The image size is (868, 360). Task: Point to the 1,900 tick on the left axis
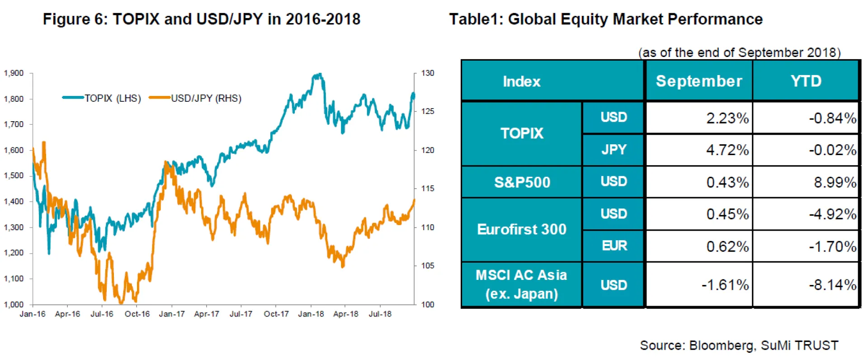[x=14, y=73]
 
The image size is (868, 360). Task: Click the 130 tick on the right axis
[x=428, y=73]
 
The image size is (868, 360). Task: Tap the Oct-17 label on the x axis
[x=276, y=314]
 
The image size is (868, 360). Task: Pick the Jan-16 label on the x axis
[x=33, y=314]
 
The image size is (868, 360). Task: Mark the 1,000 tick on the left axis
[x=14, y=304]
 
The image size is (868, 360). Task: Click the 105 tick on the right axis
[x=428, y=265]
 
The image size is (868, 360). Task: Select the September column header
[x=699, y=81]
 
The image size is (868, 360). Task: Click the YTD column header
[x=806, y=81]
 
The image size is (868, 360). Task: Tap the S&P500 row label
[x=522, y=182]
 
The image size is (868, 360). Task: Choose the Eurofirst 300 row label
[x=522, y=229]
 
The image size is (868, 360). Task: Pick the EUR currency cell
[x=614, y=246]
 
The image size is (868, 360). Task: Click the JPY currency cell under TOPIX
[x=614, y=149]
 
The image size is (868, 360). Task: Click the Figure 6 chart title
[x=202, y=19]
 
